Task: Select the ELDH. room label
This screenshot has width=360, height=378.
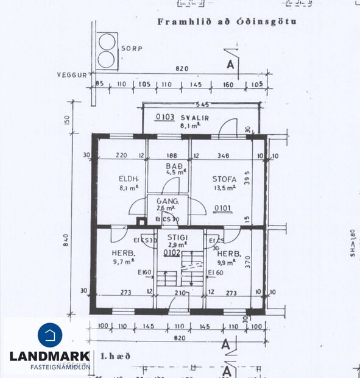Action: click(129, 179)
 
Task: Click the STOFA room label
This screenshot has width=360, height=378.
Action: click(224, 179)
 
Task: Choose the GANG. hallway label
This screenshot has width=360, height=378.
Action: click(167, 201)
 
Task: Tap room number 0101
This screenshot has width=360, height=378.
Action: click(223, 209)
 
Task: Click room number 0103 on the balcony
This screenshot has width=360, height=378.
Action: click(165, 117)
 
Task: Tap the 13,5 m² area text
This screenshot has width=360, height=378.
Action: click(224, 189)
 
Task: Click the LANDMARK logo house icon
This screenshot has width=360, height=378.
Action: click(50, 335)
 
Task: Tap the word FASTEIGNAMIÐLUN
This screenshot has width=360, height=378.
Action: click(59, 366)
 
